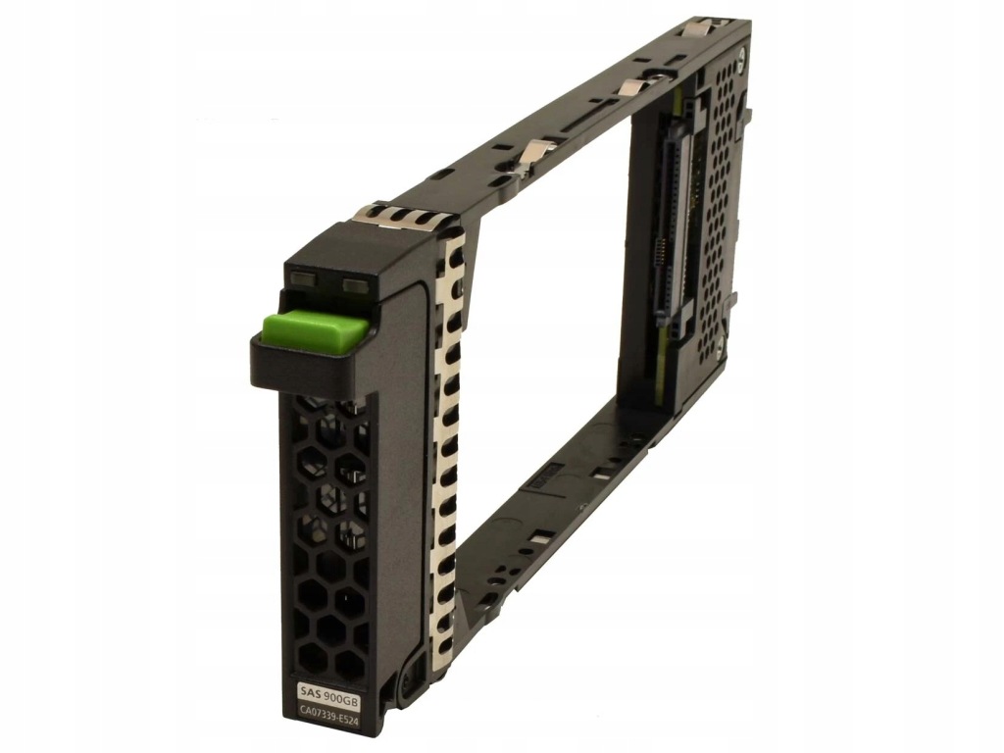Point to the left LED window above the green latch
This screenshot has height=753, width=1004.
304,279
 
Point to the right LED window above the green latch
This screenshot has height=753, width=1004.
354,282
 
